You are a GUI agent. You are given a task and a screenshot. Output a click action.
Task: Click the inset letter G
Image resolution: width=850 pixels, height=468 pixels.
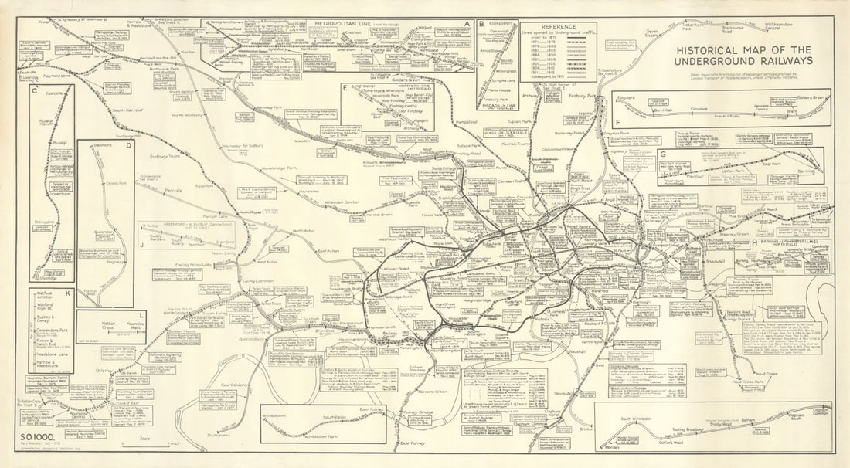pyautogui.click(x=663, y=154)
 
